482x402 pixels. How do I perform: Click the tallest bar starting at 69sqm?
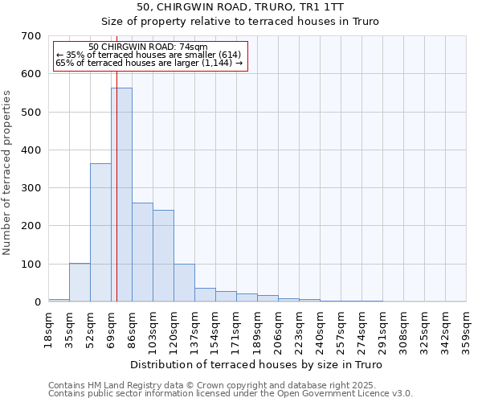tap(121, 195)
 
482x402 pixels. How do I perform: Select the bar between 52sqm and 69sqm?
tap(100, 232)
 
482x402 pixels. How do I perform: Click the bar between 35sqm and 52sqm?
tap(80, 282)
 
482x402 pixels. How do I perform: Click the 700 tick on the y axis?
tap(31, 36)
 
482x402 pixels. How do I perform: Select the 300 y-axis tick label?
tap(31, 188)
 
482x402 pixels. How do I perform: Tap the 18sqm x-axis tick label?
tap(49, 329)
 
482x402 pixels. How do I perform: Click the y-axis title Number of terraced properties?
tap(8, 173)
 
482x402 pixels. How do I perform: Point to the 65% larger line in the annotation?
tap(149, 63)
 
